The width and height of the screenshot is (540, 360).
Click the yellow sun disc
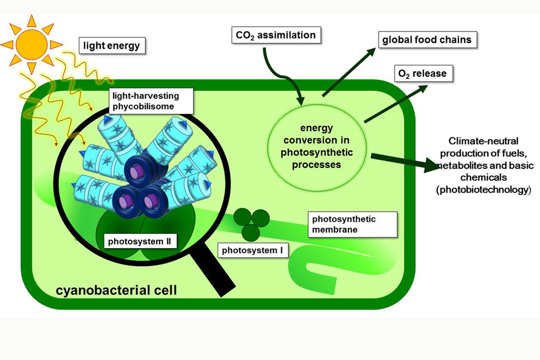[32, 44]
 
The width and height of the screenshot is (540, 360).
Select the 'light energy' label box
[112, 46]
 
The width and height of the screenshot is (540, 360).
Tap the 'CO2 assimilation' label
[276, 35]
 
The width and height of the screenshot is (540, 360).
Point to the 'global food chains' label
[427, 40]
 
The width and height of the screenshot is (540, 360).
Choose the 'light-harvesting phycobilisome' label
[151, 101]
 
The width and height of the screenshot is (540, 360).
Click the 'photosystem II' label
[140, 241]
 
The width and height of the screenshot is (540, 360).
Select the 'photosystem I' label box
[252, 250]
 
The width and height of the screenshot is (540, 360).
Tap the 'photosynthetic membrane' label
[352, 224]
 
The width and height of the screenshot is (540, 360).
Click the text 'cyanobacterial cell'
[116, 290]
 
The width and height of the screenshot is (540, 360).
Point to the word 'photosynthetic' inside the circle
[317, 152]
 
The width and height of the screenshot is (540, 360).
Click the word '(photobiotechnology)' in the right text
[483, 190]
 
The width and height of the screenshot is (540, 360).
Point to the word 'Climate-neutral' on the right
[483, 141]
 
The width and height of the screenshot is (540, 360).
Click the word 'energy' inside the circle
[317, 128]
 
